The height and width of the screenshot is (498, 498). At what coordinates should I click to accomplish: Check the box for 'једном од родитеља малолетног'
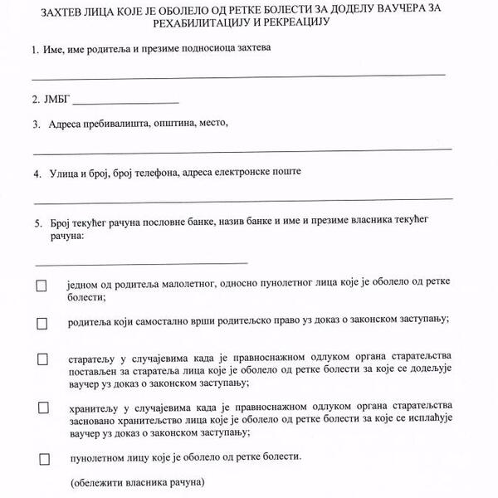tap(41, 286)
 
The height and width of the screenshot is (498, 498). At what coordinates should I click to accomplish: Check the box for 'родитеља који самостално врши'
tap(41, 321)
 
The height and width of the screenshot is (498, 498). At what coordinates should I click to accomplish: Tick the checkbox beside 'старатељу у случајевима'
tap(41, 359)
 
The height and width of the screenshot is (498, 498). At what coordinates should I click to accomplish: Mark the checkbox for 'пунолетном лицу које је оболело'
tap(44, 458)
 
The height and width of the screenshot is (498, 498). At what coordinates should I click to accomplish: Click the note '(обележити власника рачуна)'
tap(137, 481)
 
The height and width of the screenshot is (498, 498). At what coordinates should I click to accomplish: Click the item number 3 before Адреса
tap(36, 124)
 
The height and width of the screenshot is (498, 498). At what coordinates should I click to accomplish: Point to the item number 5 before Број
tap(37, 222)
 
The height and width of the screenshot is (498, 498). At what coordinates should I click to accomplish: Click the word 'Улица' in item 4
tap(66, 173)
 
